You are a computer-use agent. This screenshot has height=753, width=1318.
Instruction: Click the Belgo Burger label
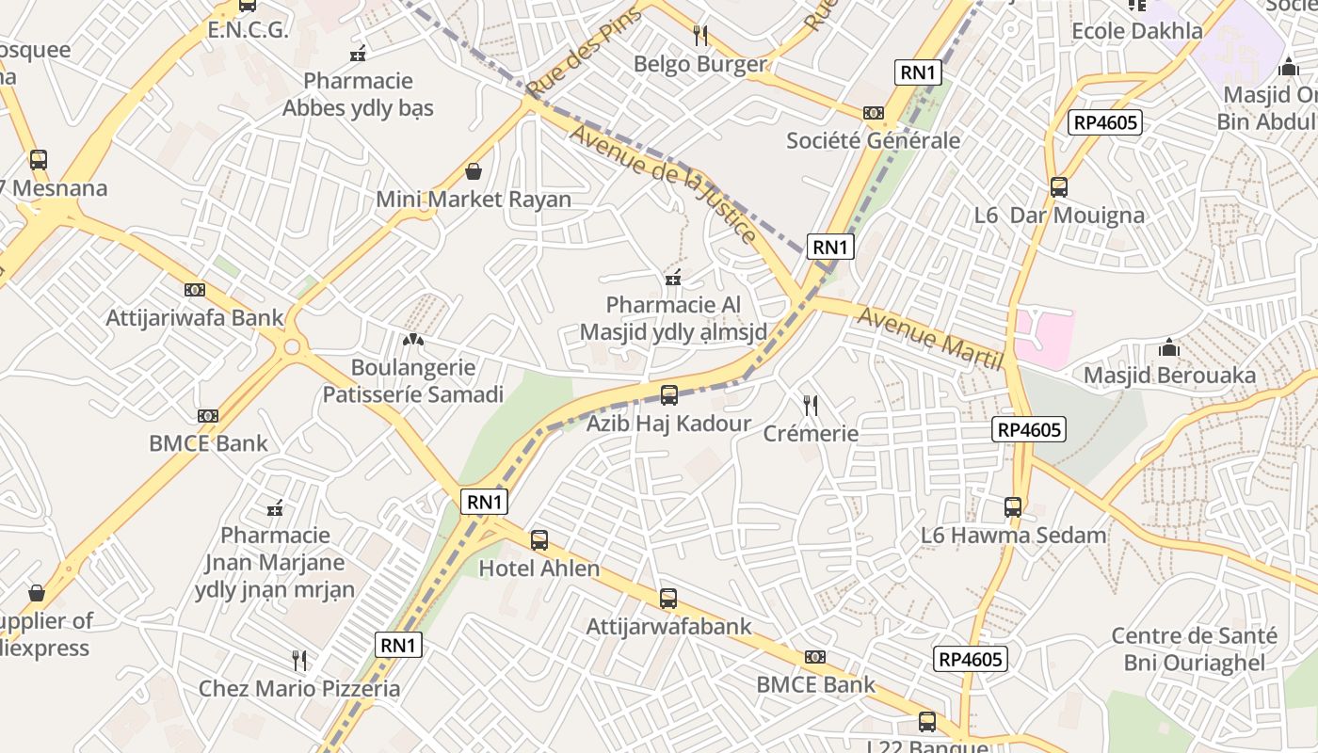point(700,64)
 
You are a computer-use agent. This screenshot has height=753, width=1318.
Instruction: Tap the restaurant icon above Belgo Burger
point(699,36)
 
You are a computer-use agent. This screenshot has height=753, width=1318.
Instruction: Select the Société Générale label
point(873,141)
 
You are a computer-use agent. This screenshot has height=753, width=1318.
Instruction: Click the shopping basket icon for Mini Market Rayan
point(474,171)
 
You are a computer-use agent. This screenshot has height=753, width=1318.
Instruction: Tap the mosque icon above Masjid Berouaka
point(1169,347)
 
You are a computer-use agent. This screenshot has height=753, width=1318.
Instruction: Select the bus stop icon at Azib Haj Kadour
point(669,395)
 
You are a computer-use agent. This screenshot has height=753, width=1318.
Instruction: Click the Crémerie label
point(811,433)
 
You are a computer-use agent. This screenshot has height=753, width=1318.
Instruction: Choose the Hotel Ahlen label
point(539,569)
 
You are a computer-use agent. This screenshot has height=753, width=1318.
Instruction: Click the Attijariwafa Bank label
point(195,317)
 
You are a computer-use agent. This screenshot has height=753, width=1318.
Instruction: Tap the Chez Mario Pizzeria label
point(299,688)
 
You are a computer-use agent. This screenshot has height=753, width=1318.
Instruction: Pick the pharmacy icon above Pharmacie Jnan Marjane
point(275,509)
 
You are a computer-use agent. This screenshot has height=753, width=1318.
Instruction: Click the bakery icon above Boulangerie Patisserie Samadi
point(412,339)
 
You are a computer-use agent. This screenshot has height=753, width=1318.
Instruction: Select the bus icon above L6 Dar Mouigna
point(1059,187)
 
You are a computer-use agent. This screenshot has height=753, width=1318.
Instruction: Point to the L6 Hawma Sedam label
point(1013,536)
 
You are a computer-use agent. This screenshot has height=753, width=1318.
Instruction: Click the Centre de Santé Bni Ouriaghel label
point(1194,649)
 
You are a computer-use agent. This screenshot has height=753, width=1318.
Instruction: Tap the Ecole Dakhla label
point(1137,31)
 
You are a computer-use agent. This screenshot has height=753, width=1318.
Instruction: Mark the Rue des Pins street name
point(584,52)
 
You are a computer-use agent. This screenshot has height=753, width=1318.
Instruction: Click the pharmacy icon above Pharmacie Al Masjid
point(673,278)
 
